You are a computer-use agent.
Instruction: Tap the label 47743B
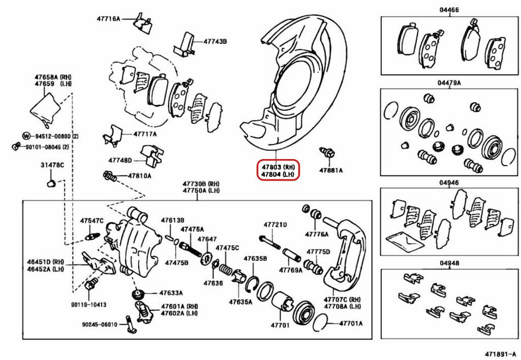click(215, 41)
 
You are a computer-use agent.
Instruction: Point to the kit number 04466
click(450, 10)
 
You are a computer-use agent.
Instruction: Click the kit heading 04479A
click(450, 83)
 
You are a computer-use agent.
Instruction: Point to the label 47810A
click(140, 176)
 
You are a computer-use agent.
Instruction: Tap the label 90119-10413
click(88, 304)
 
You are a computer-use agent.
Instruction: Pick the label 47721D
click(275, 225)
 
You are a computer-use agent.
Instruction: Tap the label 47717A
click(145, 134)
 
